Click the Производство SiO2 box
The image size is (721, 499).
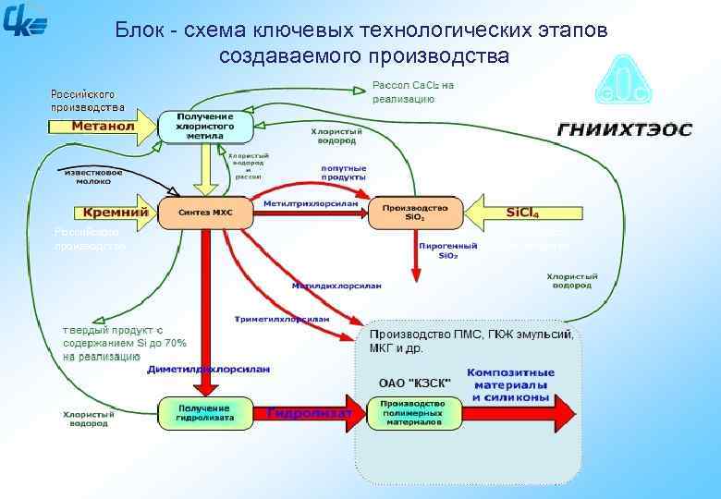(415, 212)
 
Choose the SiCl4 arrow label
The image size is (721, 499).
(522, 212)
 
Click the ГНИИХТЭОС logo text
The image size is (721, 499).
(624, 129)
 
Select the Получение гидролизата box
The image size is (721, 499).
(204, 412)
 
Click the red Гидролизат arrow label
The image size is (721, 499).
(310, 413)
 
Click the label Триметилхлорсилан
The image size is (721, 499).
(283, 318)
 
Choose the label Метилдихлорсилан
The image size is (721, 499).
(336, 286)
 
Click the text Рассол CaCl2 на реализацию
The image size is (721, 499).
(412, 91)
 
